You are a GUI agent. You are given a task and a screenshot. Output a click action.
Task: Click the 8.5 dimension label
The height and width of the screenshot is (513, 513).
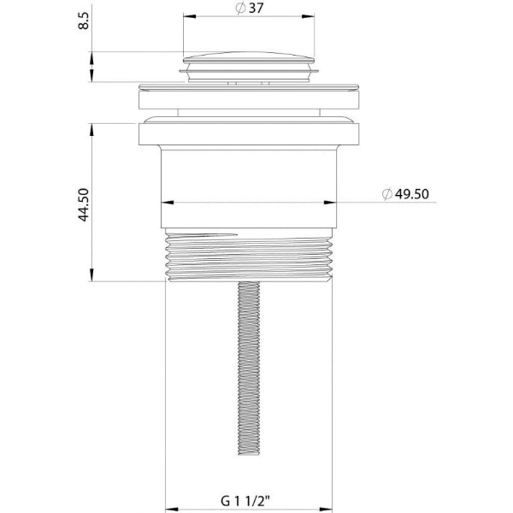click(x=84, y=21)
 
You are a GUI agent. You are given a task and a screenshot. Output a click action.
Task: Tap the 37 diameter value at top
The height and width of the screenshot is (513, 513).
click(x=256, y=9)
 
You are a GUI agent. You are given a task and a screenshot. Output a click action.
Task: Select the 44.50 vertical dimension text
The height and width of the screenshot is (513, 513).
click(x=84, y=205)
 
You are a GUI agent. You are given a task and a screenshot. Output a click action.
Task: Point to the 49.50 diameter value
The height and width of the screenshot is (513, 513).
click(x=412, y=194)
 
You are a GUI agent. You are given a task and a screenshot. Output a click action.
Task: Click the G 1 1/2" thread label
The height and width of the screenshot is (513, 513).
click(x=245, y=500)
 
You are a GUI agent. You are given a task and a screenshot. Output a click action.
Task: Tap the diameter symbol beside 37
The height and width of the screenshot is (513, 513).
click(x=240, y=9)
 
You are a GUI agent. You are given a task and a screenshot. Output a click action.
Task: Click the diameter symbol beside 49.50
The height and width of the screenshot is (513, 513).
click(x=387, y=194)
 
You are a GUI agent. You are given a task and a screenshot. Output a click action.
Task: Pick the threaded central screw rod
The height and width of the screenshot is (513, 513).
click(x=249, y=368)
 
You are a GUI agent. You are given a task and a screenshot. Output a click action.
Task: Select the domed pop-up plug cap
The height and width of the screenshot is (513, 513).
click(x=249, y=57)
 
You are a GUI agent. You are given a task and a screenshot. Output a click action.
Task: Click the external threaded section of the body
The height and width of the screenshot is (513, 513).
click(x=249, y=255)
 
